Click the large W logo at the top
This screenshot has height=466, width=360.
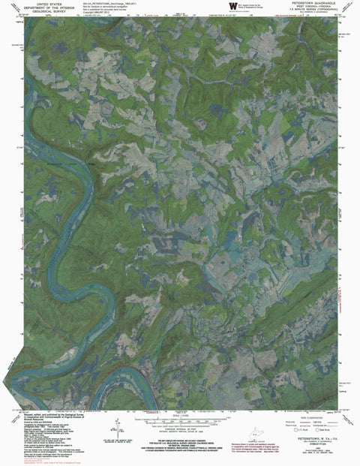click(222, 6)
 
